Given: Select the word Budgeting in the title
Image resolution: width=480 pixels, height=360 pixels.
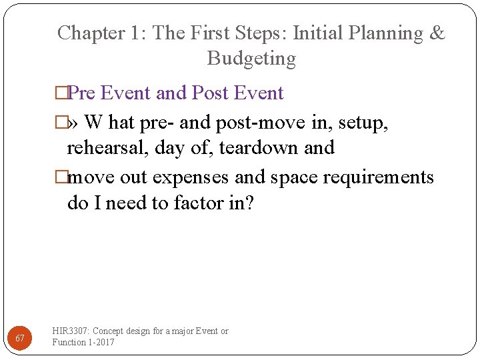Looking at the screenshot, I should point(251,59).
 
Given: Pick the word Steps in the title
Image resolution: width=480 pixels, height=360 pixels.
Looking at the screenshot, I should point(253,33).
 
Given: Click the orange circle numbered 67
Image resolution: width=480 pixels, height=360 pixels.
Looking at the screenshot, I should point(20,339).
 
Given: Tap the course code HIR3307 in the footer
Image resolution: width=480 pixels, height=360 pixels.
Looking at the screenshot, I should point(71,331).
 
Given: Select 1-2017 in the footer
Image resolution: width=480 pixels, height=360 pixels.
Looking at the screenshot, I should point(100,342).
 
